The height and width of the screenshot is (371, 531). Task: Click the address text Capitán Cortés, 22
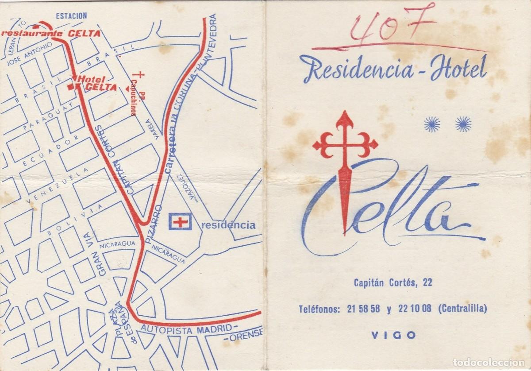392,282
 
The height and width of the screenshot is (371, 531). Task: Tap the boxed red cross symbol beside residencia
180,221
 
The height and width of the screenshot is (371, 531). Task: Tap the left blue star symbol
432,124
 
